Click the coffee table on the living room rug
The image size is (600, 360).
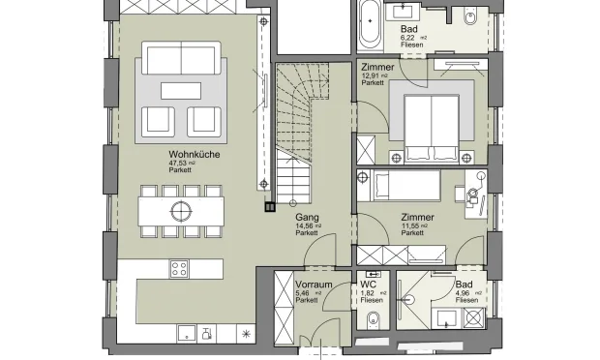click(x=181, y=90)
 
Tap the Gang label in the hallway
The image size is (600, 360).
click(x=307, y=218)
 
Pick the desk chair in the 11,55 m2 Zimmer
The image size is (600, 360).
click(x=473, y=194)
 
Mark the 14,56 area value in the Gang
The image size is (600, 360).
click(x=303, y=226)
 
